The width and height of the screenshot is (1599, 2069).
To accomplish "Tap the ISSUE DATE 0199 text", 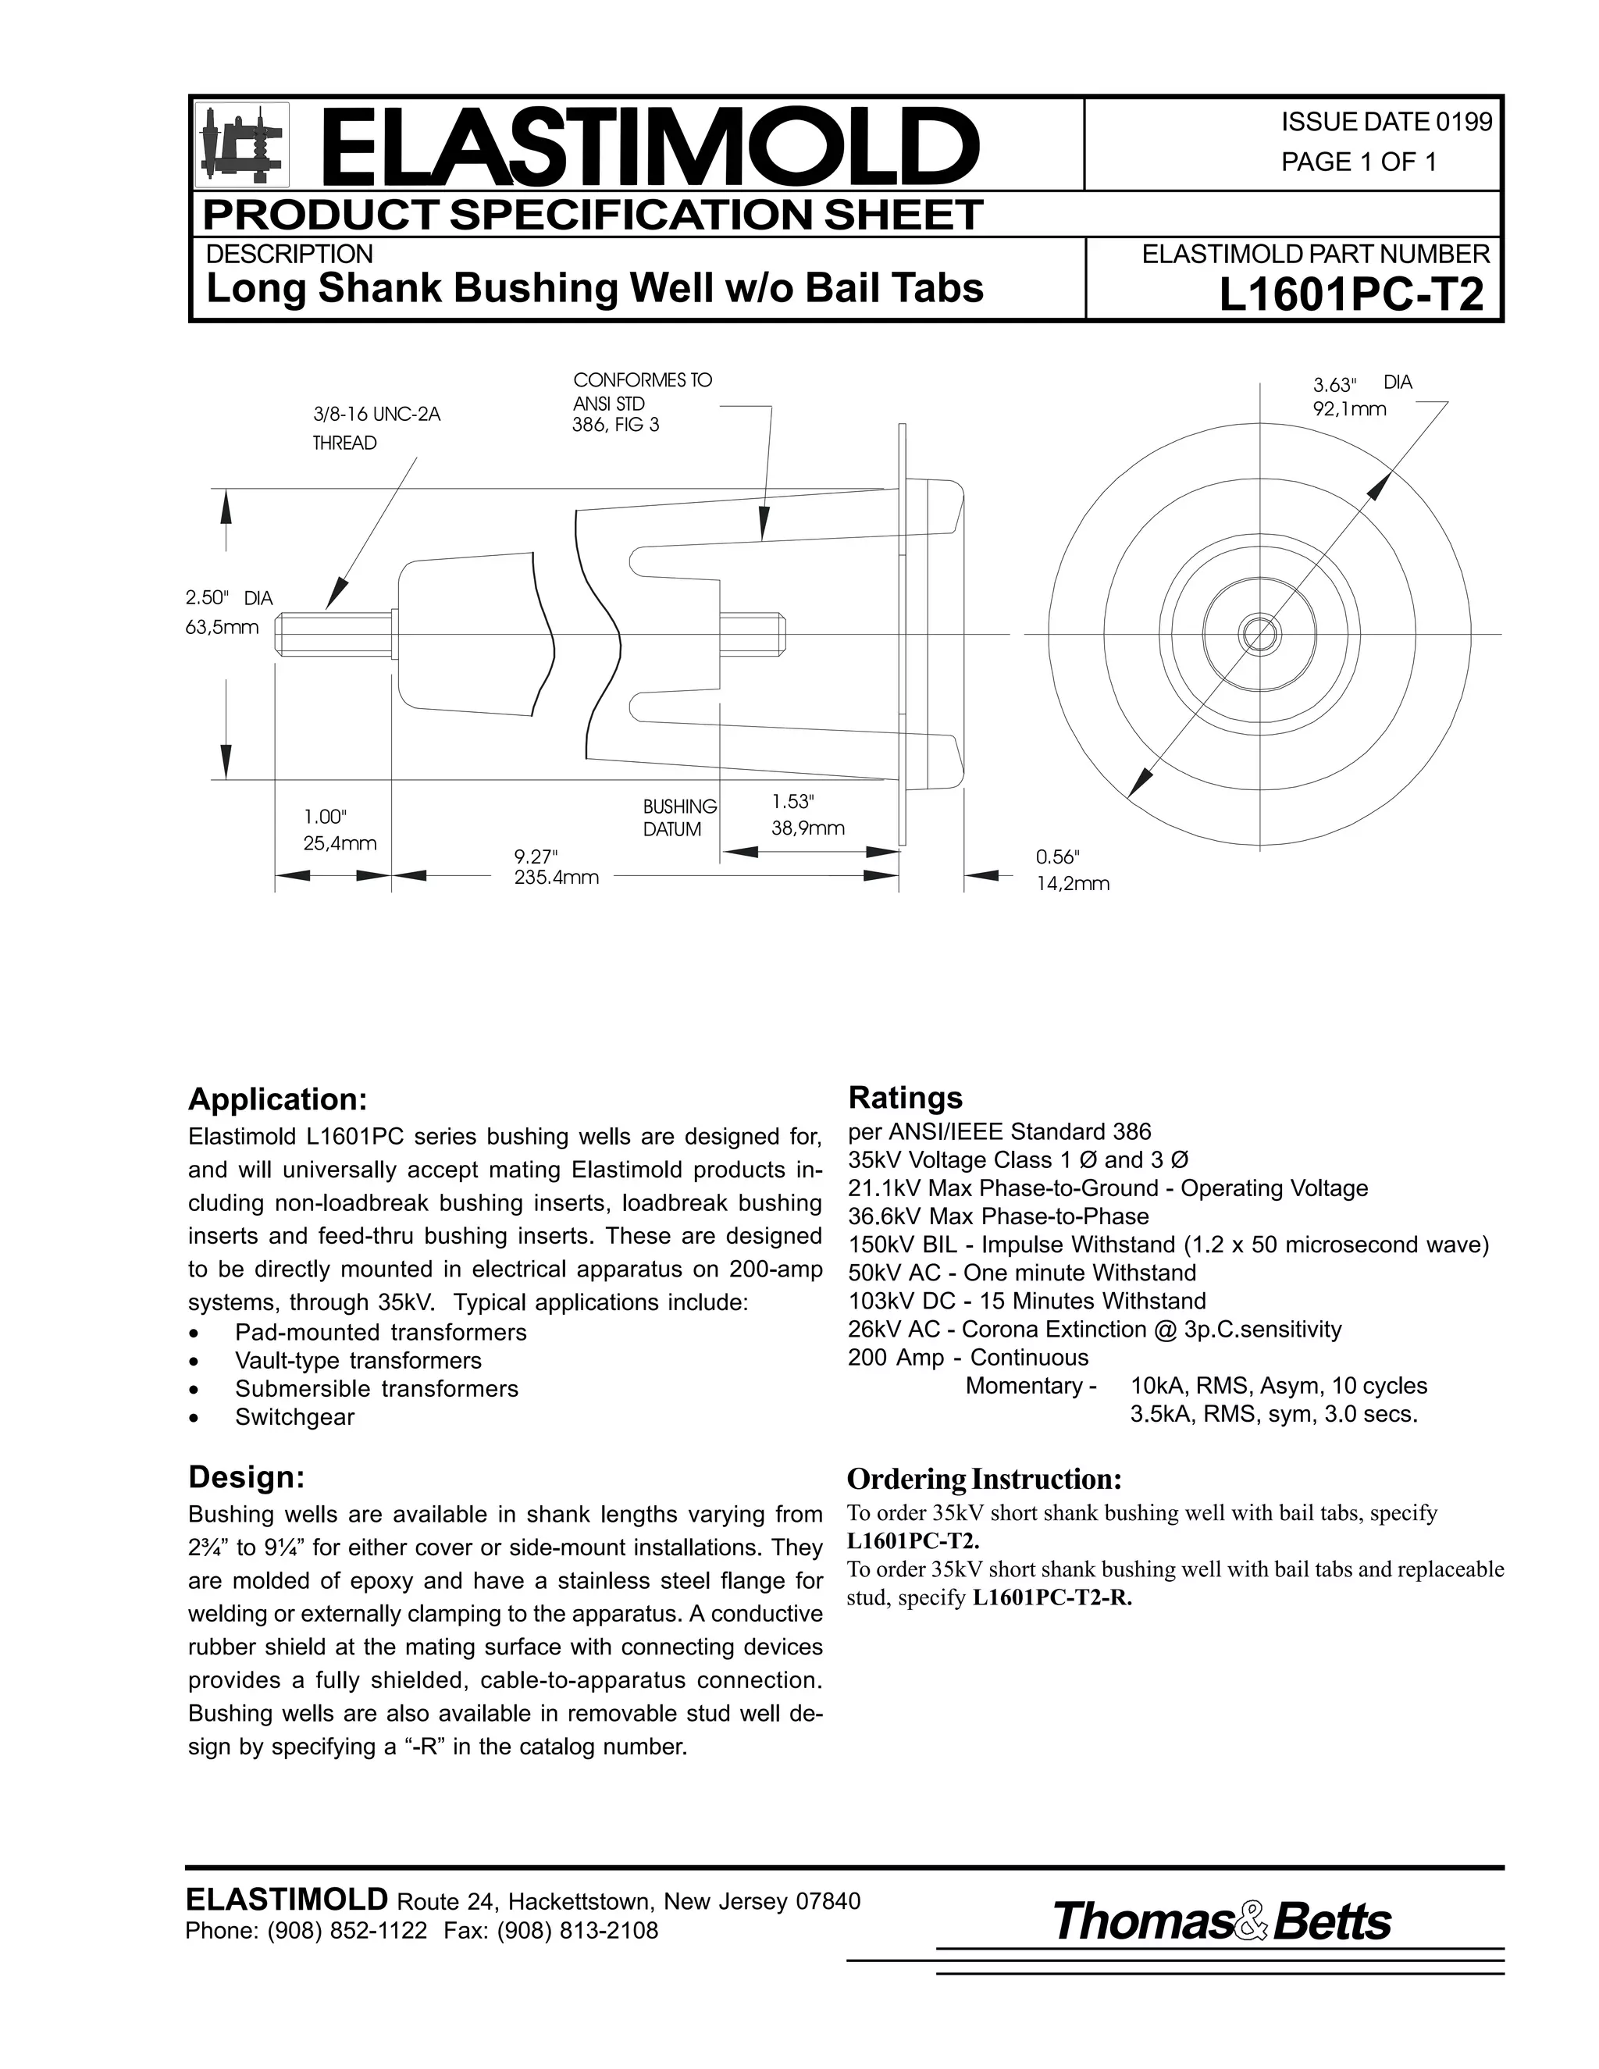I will (x=1386, y=123).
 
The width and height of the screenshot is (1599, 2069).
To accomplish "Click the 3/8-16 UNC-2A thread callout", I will (x=376, y=427).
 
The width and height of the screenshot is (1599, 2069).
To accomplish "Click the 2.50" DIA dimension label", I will (x=228, y=611).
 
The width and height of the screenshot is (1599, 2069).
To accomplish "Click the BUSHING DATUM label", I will (x=678, y=817).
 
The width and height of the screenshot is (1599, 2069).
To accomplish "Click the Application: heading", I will (x=276, y=1099).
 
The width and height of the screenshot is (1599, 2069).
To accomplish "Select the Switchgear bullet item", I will (x=294, y=1417).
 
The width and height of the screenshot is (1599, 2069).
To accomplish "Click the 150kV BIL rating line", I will (x=1167, y=1244).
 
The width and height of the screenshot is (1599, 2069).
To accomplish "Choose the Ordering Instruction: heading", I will (x=983, y=1479).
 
